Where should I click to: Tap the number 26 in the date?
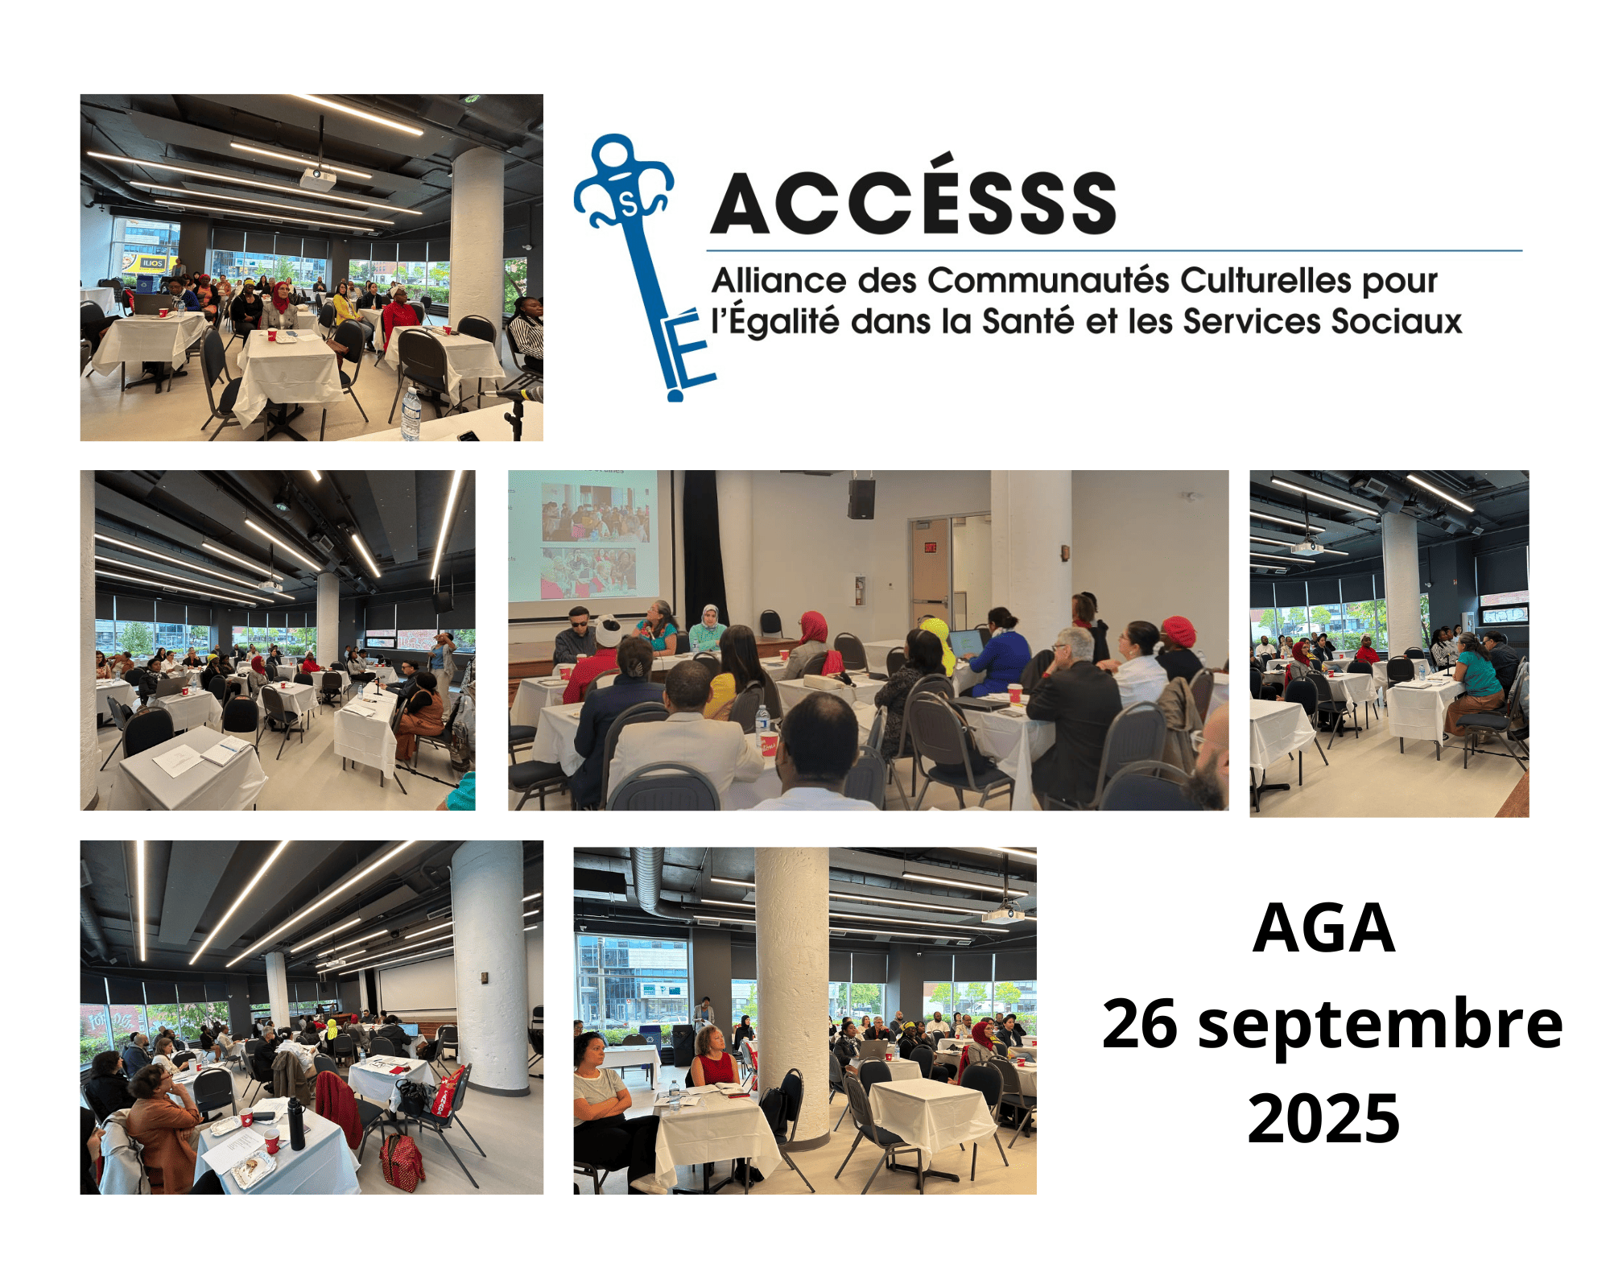click(x=1139, y=1024)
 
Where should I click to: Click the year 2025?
click(x=1323, y=1118)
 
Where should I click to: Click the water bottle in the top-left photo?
click(x=411, y=414)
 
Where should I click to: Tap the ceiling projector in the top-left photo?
click(x=317, y=178)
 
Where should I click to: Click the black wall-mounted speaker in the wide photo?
click(x=861, y=498)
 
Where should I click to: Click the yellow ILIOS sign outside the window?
click(x=151, y=262)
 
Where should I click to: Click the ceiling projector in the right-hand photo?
click(x=1306, y=548)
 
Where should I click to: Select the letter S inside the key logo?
click(x=629, y=206)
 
